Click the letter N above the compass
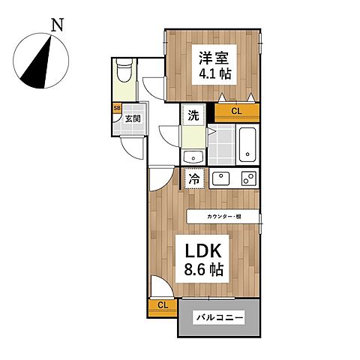tap(57, 25)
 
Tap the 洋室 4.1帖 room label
tap(214, 64)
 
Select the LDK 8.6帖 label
tap(202, 259)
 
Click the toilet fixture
tap(124, 70)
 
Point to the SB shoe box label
tap(117, 108)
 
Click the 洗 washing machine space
tap(193, 115)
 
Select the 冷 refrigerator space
tap(194, 178)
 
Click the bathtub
tap(247, 145)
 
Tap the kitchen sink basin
tap(221, 178)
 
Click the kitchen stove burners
tap(249, 178)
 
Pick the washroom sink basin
tap(193, 157)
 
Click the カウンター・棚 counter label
tap(223, 217)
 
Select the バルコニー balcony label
tap(219, 318)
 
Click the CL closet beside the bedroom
tap(236, 112)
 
